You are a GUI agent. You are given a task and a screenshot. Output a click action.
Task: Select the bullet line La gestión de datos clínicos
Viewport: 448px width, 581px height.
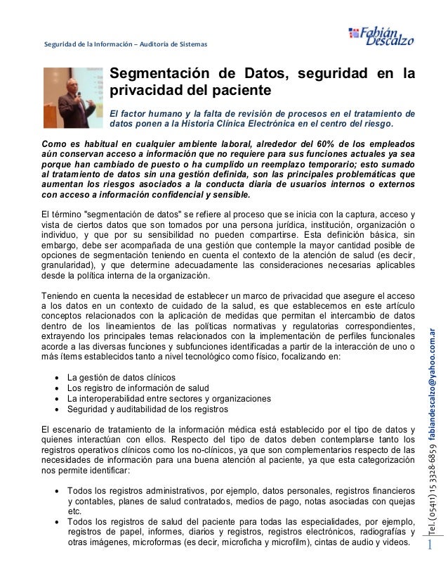126,378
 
